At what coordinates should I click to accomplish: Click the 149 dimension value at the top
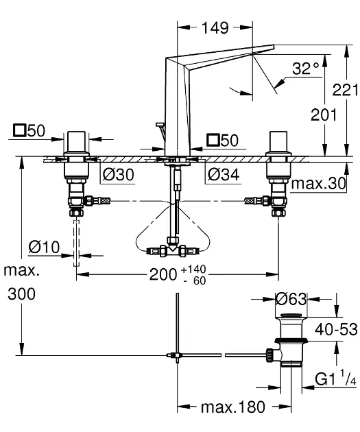(x=215, y=27)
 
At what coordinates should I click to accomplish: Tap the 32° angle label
(x=306, y=69)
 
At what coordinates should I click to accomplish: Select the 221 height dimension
(x=346, y=90)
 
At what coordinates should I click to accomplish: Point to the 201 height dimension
(x=324, y=115)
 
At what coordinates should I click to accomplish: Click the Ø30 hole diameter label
(x=119, y=174)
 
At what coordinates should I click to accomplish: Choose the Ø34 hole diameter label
(x=224, y=174)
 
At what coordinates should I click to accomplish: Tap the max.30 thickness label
(x=318, y=183)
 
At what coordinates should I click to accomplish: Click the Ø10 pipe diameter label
(x=44, y=247)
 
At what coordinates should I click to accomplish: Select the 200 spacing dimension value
(x=163, y=274)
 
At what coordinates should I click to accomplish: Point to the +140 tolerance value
(x=193, y=269)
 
